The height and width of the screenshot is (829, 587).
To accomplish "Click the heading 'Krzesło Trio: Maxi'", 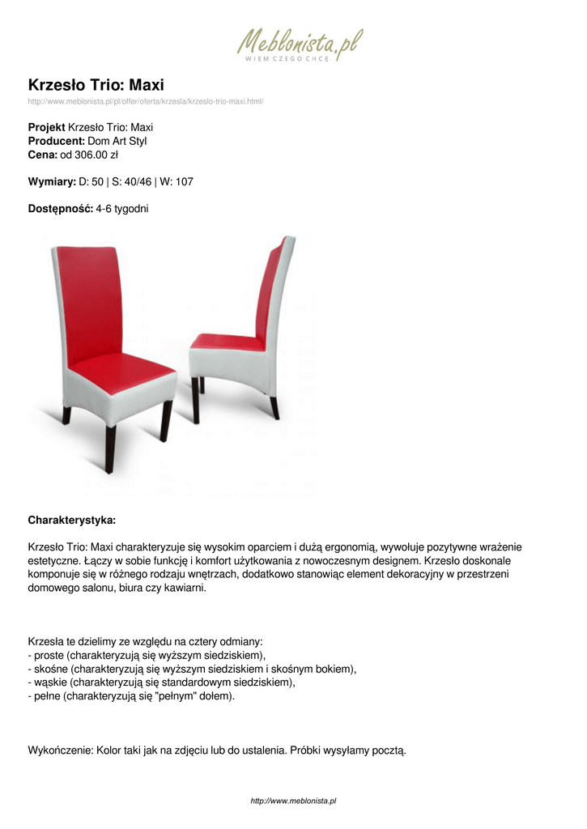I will (96, 85).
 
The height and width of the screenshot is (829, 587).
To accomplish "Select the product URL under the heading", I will (146, 101).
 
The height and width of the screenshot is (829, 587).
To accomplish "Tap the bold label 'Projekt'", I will (46, 127).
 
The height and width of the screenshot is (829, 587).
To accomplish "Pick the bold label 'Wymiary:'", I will (52, 181).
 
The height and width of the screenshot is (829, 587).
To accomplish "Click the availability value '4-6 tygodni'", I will (122, 208).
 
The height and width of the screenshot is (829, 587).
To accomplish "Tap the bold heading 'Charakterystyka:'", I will (72, 518).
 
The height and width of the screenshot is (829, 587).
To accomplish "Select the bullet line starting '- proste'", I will (147, 654).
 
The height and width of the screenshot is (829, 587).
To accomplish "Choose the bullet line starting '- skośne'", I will (192, 669).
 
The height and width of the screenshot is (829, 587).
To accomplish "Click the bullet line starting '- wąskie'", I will (161, 682).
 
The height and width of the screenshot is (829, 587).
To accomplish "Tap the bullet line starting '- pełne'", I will (131, 696).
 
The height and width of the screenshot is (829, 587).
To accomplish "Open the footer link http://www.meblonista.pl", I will (293, 801).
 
